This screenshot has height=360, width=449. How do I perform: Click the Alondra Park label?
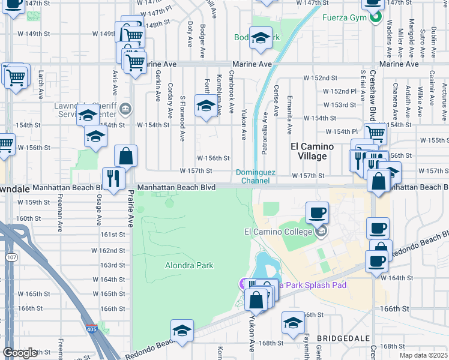(x=189, y=265)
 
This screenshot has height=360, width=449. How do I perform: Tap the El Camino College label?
(x=278, y=232)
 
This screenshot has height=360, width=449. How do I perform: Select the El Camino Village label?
(x=308, y=151)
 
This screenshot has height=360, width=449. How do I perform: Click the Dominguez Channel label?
(x=255, y=176)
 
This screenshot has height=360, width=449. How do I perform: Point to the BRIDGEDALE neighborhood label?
(x=340, y=339)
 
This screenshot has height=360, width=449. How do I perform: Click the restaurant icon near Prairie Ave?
(x=113, y=177)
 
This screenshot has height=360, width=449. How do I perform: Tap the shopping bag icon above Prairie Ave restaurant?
(x=126, y=156)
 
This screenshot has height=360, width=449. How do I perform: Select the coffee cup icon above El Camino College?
(x=317, y=212)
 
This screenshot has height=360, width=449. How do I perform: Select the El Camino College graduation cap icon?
(x=322, y=232)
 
